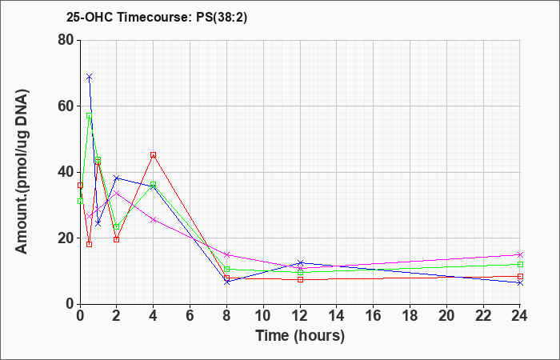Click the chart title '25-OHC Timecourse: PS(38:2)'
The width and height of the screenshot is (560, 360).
click(157, 17)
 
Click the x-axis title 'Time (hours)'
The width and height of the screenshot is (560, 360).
click(300, 336)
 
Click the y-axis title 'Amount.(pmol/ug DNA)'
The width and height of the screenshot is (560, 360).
click(22, 172)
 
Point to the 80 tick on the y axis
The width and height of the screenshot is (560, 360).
click(66, 40)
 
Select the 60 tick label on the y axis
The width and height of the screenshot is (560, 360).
click(66, 106)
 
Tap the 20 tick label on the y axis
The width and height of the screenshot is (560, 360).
click(66, 238)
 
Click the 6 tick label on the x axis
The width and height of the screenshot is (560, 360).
click(190, 316)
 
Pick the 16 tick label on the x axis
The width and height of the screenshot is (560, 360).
click(374, 316)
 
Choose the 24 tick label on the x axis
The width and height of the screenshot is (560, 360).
click(520, 316)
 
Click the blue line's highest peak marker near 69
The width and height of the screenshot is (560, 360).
click(90, 77)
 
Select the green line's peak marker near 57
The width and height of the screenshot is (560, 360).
click(90, 116)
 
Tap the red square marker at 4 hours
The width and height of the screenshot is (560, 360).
click(154, 155)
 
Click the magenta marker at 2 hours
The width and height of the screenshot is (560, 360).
click(117, 193)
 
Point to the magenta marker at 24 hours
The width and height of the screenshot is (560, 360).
click(520, 254)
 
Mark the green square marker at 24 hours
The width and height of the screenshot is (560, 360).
click(520, 264)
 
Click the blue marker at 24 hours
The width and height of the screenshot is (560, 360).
click(520, 283)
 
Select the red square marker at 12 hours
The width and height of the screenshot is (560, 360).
click(300, 279)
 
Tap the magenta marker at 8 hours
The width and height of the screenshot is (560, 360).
click(226, 254)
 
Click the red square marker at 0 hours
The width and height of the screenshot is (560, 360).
click(80, 185)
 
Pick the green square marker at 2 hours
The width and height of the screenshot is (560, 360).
click(117, 226)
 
